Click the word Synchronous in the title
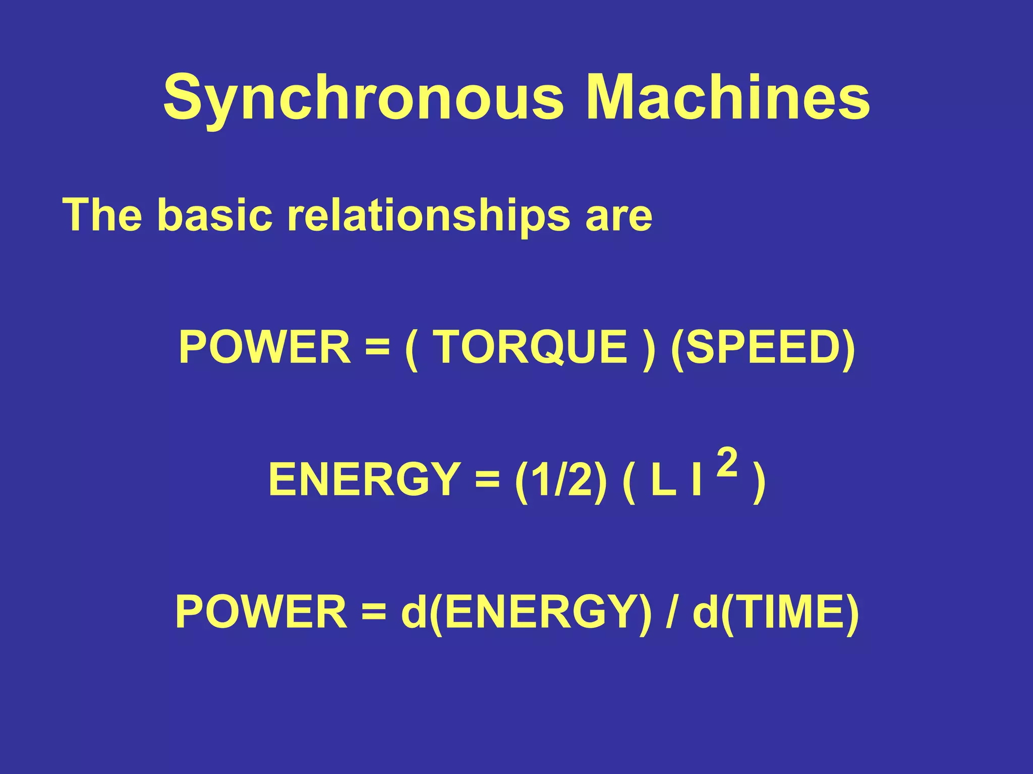362,97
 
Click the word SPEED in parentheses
763,347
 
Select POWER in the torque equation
265,347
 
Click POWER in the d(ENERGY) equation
261,612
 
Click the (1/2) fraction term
561,480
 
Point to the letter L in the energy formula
662,480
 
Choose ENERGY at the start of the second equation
363,480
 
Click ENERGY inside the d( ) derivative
540,612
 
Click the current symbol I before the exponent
697,480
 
